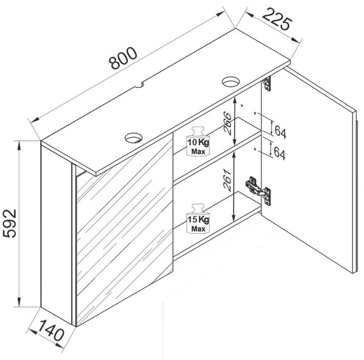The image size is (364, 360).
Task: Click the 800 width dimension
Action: click(x=123, y=58)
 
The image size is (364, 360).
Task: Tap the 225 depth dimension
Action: click(x=277, y=19)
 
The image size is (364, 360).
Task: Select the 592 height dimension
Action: click(x=10, y=223)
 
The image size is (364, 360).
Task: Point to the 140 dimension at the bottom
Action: click(x=51, y=330)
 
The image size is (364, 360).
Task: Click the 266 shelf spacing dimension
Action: click(x=227, y=123)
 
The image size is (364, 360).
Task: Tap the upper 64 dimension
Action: click(x=280, y=132)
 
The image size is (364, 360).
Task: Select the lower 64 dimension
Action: click(x=280, y=153)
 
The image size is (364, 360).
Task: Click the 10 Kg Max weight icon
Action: click(x=198, y=141)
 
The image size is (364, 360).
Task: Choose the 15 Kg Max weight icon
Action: click(x=198, y=219)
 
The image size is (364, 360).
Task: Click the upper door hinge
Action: click(x=267, y=84)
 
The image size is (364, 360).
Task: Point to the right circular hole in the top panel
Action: click(x=231, y=81)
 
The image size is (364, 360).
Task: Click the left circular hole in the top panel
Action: click(x=133, y=137)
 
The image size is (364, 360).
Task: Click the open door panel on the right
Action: click(x=309, y=171)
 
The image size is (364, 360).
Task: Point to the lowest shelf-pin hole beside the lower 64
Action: click(x=255, y=149)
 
